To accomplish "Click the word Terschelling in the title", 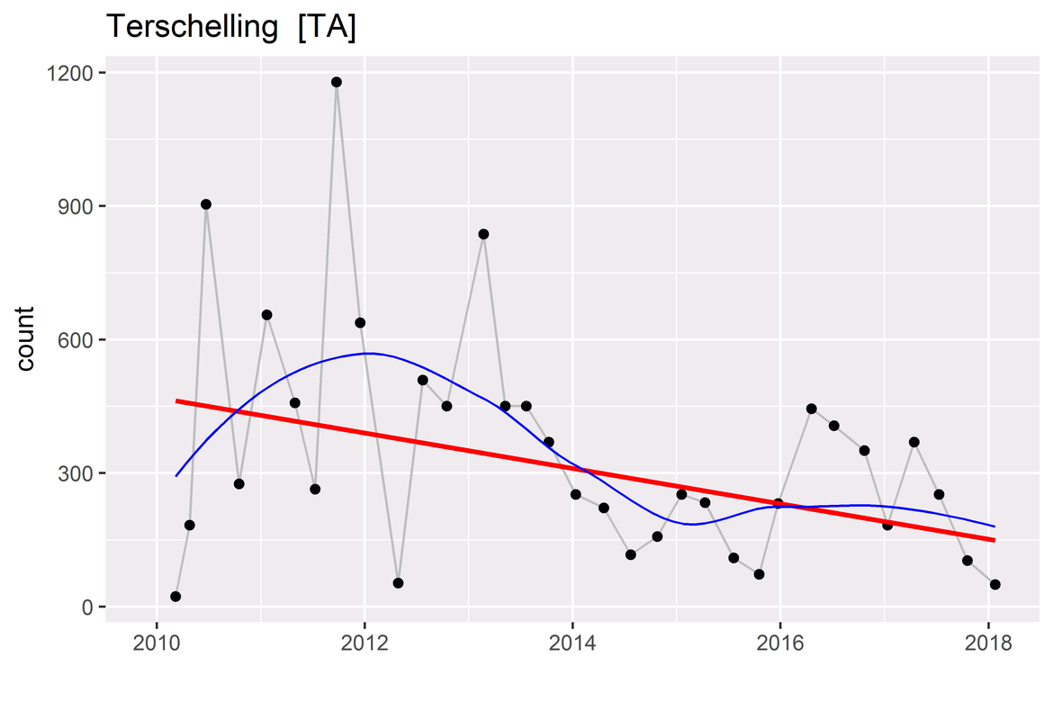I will coord(192,28).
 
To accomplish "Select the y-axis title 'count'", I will coord(26,338).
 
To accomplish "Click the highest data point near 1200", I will coord(337,82).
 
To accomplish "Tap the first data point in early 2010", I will coord(175,597).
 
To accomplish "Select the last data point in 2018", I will coord(995,584).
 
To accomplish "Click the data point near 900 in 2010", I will coord(206,204).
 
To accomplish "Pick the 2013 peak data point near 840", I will coord(483,234).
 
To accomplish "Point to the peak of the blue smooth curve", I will coord(368,353).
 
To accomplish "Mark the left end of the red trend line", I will coord(177,400).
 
